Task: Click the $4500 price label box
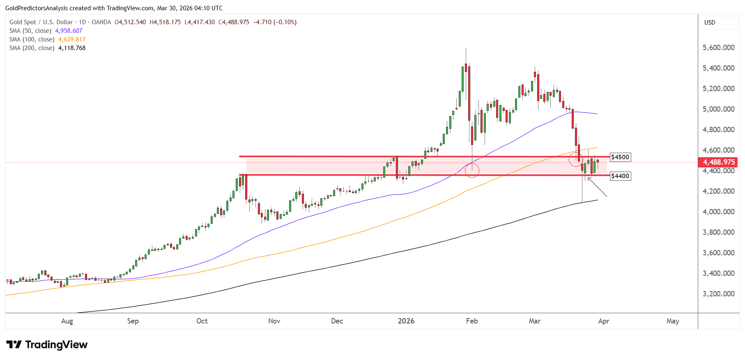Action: tap(620, 157)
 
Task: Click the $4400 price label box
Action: tap(620, 176)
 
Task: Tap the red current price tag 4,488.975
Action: tap(718, 162)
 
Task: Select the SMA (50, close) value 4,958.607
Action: tap(69, 31)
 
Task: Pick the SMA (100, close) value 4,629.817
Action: tap(72, 39)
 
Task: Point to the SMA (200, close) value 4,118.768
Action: tap(72, 48)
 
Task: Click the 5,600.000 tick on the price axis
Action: tap(719, 48)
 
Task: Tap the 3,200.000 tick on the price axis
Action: tap(719, 294)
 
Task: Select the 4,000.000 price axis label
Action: tap(719, 212)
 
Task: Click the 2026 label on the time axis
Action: tap(406, 321)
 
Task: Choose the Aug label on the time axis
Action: tap(67, 321)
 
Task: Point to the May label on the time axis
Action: tap(673, 321)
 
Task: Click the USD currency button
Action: tap(710, 23)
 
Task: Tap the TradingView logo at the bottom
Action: tap(47, 344)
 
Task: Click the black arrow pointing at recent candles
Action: tap(597, 187)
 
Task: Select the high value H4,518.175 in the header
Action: tap(165, 22)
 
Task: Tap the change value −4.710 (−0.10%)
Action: tap(275, 22)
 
